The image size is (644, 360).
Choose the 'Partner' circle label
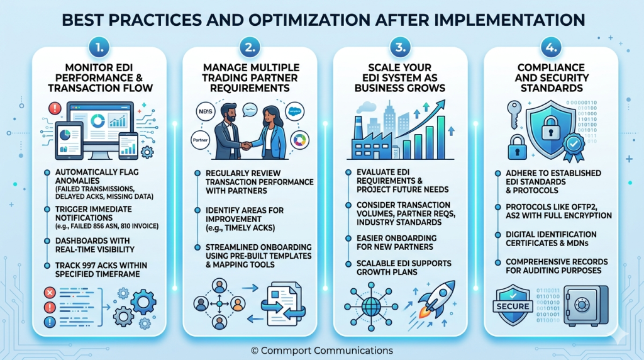[x=201, y=140]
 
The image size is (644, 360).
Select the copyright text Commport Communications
[x=321, y=349]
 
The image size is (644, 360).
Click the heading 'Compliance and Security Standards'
[x=550, y=77]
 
